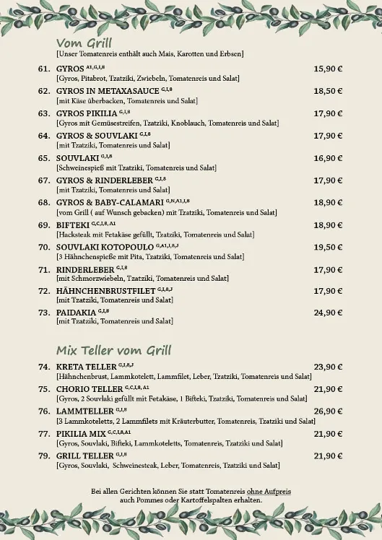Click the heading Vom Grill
point(84,43)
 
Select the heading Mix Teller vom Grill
point(113,351)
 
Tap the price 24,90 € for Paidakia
point(328,313)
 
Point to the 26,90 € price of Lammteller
point(328,411)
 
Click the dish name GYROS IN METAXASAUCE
point(108,91)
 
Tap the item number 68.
point(43,203)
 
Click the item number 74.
point(43,367)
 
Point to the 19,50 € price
point(328,248)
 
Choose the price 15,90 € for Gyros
point(328,69)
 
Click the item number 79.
point(43,456)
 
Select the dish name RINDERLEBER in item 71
point(80,270)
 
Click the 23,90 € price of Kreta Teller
point(328,367)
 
